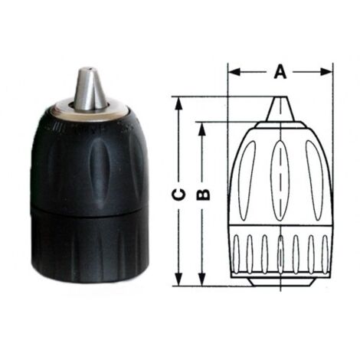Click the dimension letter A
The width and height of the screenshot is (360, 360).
[x=280, y=71]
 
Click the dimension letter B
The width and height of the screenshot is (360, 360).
[x=203, y=195]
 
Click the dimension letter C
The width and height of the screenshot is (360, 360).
[x=178, y=195]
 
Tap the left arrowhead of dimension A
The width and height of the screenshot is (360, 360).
[x=234, y=72]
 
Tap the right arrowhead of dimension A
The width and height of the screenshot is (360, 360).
[x=326, y=72]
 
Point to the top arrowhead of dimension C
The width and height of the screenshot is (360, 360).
[x=178, y=103]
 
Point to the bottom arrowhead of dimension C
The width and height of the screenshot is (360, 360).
[x=178, y=279]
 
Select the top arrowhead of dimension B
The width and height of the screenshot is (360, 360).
[x=202, y=129]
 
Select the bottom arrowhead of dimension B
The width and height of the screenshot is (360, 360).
[x=202, y=279]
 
